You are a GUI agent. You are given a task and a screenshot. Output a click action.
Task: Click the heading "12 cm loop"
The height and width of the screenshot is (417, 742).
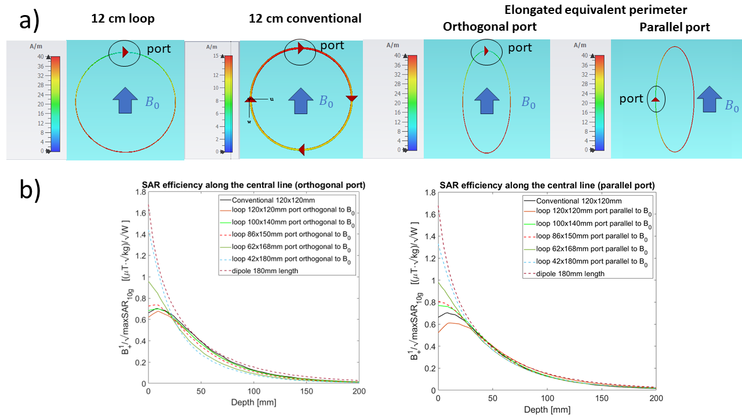(122, 19)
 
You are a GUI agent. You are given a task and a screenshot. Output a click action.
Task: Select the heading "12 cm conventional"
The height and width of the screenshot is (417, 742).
(305, 19)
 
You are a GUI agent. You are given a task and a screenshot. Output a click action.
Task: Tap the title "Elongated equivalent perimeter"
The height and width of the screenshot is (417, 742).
(595, 10)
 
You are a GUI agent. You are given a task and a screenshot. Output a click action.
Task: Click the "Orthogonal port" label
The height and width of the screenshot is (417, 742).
(490, 27)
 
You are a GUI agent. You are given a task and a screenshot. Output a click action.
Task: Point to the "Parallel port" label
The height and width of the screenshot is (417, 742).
(674, 27)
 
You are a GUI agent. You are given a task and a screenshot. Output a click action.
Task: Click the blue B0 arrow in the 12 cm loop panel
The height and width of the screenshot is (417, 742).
(125, 101)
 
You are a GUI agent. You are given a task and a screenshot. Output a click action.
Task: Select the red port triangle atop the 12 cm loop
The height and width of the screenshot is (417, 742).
(125, 52)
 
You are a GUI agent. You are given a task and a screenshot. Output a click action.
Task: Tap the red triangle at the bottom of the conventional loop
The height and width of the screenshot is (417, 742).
(302, 149)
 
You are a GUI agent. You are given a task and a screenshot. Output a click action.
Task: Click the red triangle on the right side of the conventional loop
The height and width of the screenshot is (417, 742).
(351, 98)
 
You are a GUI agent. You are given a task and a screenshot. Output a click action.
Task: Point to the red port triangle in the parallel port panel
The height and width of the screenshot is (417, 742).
(656, 99)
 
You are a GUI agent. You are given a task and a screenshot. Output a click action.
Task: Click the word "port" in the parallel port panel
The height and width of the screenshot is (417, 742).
(631, 99)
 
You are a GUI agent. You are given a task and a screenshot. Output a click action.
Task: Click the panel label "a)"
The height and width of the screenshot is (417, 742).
(29, 21)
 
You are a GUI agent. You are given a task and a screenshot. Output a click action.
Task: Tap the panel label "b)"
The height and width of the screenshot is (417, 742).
(30, 191)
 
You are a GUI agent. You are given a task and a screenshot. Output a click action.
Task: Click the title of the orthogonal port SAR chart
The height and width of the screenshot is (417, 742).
(254, 185)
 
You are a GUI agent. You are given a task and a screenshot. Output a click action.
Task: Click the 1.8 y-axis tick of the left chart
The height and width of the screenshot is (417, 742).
(141, 192)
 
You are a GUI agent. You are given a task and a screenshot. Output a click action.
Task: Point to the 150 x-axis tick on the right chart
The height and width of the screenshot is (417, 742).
(602, 398)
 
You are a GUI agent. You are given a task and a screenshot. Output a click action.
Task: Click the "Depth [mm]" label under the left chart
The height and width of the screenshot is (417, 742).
(254, 403)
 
